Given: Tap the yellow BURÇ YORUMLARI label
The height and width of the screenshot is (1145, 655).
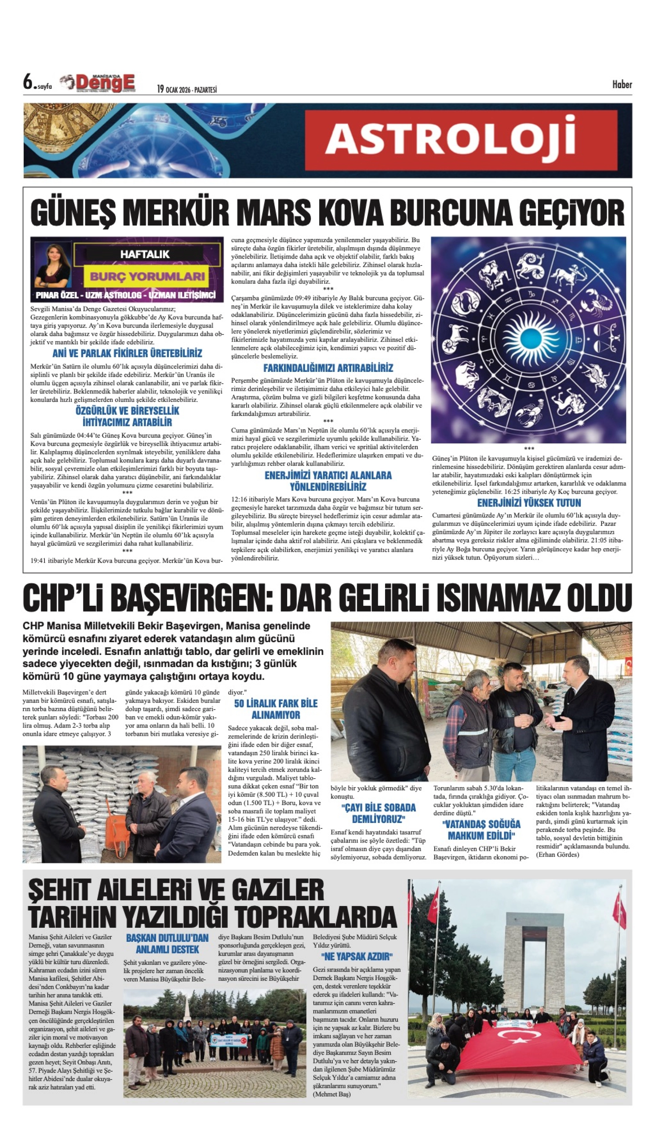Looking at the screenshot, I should (147, 276).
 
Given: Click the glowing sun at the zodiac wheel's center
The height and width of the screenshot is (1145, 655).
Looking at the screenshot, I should (528, 340).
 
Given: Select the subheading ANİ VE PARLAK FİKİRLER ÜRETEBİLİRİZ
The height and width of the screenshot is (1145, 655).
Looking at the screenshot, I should (127, 353).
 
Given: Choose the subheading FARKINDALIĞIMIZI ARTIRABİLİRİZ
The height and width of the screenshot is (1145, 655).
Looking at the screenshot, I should (328, 368).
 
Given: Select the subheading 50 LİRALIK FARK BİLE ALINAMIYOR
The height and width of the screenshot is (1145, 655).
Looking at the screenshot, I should (275, 709).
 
